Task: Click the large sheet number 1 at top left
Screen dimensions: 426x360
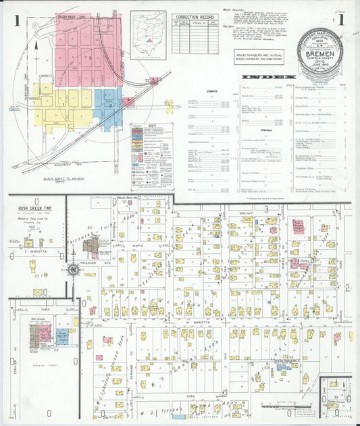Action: [15, 20]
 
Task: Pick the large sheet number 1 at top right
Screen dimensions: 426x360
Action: [342, 20]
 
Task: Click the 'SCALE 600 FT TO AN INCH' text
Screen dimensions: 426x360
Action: [68, 178]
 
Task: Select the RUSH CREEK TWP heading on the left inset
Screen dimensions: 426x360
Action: [32, 209]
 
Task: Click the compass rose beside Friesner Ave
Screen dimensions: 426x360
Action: [72, 270]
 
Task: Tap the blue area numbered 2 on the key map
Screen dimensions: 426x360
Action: [108, 106]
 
